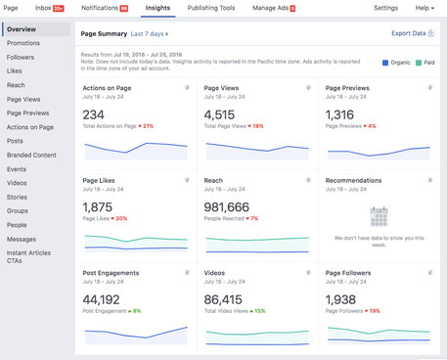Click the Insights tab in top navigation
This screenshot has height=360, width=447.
point(156,8)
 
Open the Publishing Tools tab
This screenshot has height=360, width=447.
point(210,8)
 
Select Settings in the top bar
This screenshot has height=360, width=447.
point(385,8)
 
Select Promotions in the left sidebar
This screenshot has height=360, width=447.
point(23,43)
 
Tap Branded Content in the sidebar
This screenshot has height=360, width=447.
point(31,155)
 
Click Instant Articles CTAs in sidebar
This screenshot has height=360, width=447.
point(27,256)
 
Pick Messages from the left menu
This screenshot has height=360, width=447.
point(22,239)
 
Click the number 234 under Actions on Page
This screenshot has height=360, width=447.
point(95,114)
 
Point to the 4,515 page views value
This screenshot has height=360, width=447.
point(220,114)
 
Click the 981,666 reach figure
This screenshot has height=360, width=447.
point(227,207)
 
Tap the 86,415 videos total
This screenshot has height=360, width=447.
point(223,299)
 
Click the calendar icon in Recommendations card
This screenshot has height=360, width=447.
point(379,216)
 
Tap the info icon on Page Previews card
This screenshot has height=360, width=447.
point(429,88)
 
